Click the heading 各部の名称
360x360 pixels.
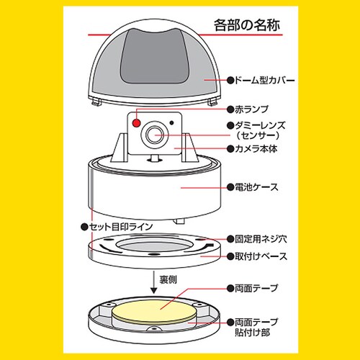[247, 25]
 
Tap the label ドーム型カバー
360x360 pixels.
[264, 80]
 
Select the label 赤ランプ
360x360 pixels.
[251, 109]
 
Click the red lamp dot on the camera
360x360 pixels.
[137, 123]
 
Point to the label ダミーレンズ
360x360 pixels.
[260, 125]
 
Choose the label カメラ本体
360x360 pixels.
[256, 149]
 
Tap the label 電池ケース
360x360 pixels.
[256, 187]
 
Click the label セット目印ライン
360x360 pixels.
[121, 227]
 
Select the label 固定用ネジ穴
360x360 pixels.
[261, 239]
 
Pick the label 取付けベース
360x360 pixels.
[261, 256]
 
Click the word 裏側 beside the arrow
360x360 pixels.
[168, 279]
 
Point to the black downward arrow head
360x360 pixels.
[153, 291]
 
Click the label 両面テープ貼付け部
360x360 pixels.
[256, 327]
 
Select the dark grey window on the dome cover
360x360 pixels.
[154, 56]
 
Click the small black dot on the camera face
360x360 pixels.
[171, 122]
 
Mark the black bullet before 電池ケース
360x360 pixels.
[230, 187]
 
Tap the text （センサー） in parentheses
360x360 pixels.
[257, 136]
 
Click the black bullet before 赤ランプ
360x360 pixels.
[230, 109]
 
